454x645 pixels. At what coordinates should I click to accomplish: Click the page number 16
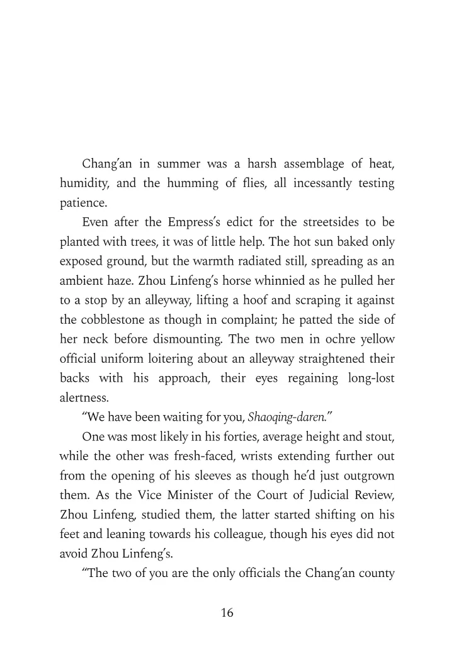pyautogui.click(x=227, y=613)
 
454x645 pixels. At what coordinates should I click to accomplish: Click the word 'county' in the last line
pyautogui.click(x=375, y=572)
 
